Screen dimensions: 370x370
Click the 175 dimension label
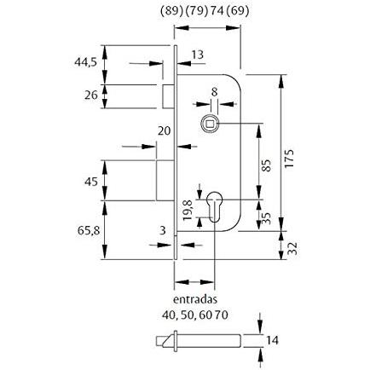(289, 159)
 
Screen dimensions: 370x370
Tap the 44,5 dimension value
(86, 62)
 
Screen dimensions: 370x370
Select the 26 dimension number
(91, 95)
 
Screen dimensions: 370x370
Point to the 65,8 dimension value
(89, 230)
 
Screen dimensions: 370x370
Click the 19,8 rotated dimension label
(188, 211)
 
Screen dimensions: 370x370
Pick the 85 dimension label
(266, 165)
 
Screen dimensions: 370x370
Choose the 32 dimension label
(293, 248)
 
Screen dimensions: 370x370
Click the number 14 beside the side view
(273, 340)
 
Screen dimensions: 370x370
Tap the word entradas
(195, 299)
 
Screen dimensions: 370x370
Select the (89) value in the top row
(171, 11)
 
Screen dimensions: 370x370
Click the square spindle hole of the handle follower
(210, 124)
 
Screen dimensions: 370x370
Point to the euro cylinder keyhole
(213, 206)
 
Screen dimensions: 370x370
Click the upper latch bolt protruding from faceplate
(168, 96)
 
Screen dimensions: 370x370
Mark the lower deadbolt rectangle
(165, 181)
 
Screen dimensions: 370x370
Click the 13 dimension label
(197, 55)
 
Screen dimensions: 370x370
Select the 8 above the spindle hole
(214, 92)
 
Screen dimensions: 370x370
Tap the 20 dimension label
(164, 131)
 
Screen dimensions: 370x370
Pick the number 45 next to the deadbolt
(91, 182)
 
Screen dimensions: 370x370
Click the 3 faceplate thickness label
(162, 230)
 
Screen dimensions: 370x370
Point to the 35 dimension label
(266, 219)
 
